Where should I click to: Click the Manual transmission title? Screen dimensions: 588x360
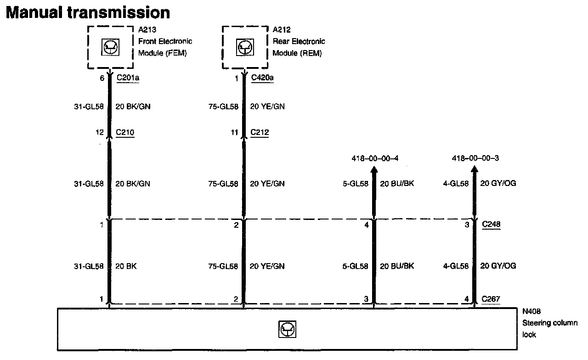click(x=87, y=12)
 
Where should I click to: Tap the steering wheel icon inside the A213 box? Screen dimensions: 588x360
click(x=110, y=47)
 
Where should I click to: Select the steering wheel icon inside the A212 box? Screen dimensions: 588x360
click(x=244, y=47)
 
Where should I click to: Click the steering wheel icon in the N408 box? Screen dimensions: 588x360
click(x=287, y=329)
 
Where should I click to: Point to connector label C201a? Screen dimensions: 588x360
click(x=128, y=78)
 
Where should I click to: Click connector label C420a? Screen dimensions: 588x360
click(x=262, y=78)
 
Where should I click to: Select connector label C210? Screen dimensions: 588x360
click(x=125, y=133)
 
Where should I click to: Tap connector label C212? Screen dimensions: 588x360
click(x=260, y=133)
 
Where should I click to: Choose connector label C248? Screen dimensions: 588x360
click(x=491, y=225)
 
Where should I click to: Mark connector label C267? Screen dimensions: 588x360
click(x=491, y=299)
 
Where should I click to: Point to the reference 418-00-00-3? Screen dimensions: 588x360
click(x=475, y=158)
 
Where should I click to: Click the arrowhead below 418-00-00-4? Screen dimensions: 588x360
click(x=374, y=170)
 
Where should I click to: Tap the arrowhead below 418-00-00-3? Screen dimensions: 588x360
click(x=475, y=170)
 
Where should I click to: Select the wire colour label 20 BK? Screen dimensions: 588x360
click(x=125, y=266)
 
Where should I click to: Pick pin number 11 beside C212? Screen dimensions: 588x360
click(x=235, y=133)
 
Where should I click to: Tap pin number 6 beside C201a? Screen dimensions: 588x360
click(x=102, y=78)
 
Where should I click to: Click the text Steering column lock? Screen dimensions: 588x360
click(x=549, y=323)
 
